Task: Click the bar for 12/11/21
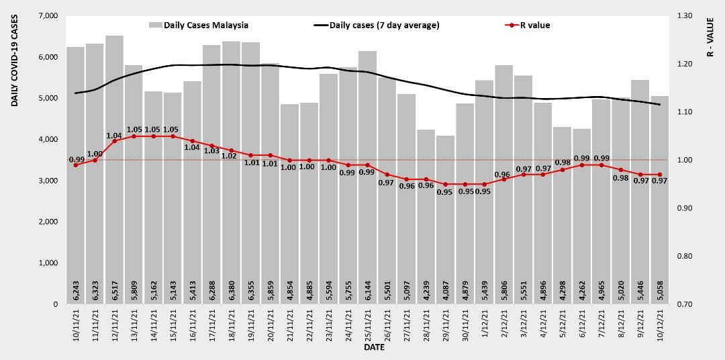114,168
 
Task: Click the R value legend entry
528,26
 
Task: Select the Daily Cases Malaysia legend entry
199,26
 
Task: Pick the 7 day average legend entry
377,26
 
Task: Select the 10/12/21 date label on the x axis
659,326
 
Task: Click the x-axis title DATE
374,348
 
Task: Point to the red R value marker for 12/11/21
114,141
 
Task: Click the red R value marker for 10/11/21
75,165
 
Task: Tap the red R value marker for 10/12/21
660,175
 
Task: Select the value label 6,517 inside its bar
115,291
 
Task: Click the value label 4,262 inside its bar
582,291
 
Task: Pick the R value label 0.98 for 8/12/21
621,178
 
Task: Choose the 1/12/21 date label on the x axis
484,325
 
